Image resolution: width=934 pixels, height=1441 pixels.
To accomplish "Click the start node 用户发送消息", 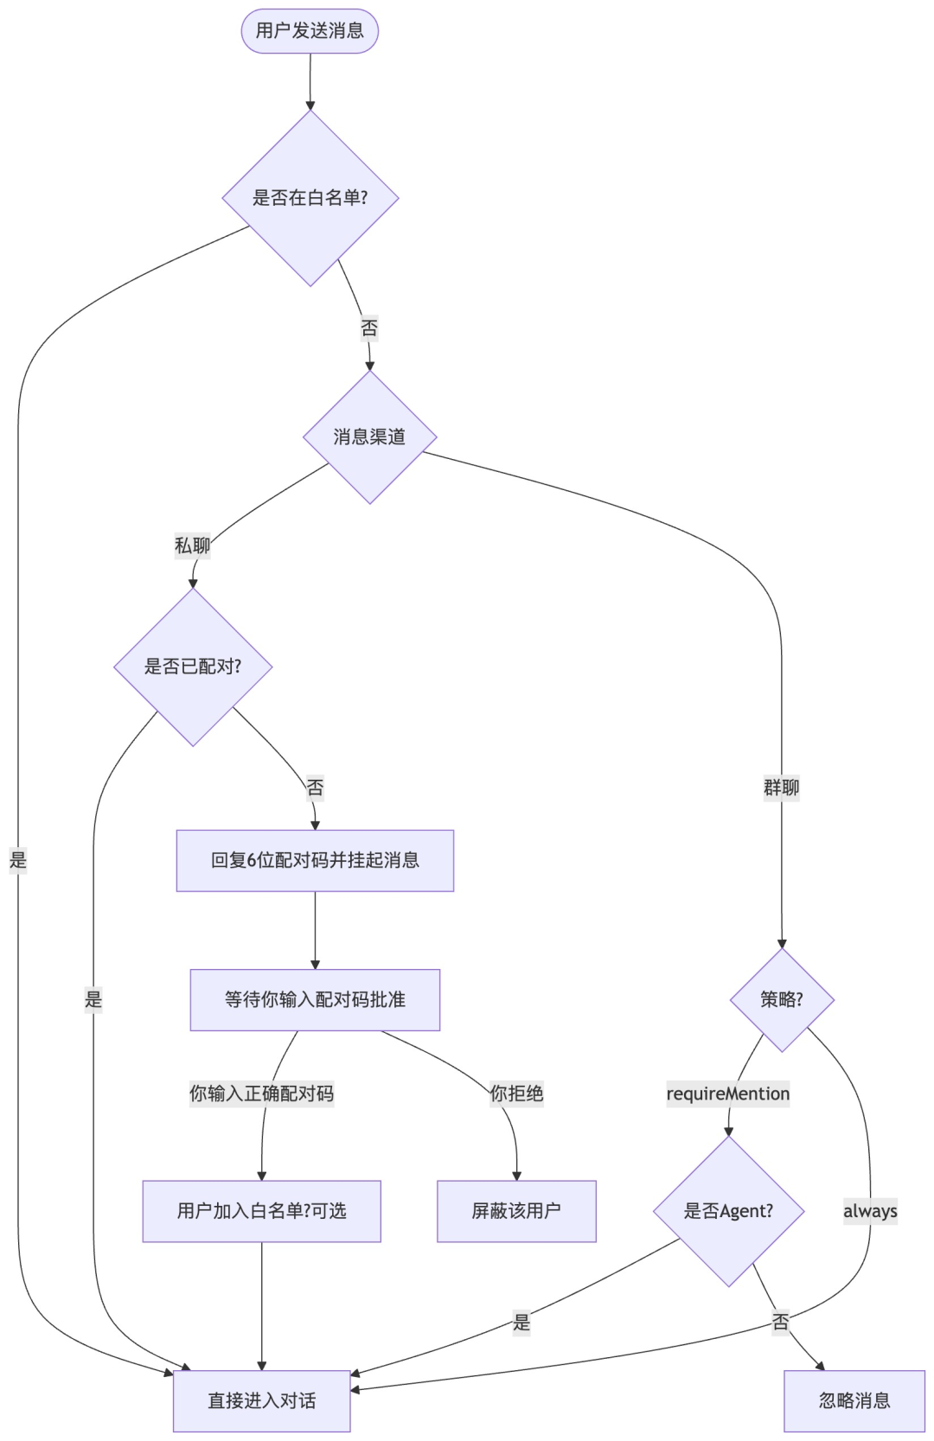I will tap(310, 31).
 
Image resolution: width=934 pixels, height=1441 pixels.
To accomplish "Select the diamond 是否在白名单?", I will tap(310, 198).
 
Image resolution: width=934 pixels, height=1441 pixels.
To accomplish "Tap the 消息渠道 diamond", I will tap(369, 437).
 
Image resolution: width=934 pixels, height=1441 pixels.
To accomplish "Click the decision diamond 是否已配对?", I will tap(193, 666).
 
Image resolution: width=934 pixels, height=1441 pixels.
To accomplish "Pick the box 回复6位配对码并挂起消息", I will tap(315, 860).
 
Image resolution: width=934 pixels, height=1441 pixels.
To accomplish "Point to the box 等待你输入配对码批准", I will tap(315, 999).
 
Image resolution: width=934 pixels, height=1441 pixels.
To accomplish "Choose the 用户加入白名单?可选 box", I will tap(261, 1211).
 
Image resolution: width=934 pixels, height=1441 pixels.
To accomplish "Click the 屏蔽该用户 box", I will tap(516, 1211).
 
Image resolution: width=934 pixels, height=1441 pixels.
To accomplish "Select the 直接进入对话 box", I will tap(261, 1400).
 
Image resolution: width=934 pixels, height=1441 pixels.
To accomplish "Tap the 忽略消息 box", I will tap(854, 1400).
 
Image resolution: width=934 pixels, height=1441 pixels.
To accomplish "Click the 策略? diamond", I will tap(782, 999).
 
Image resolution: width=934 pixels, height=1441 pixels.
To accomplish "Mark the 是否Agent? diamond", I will tap(728, 1211).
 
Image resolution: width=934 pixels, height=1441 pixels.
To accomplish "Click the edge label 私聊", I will tap(192, 545).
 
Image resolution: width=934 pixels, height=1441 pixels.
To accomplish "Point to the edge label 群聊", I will tap(782, 787).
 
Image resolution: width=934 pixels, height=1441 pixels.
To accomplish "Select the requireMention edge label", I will tap(728, 1094).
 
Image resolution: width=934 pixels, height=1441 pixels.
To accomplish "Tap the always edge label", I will tap(870, 1211).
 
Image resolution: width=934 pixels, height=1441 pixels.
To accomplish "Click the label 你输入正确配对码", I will tap(261, 1094).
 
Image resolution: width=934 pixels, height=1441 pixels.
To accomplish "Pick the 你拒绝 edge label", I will tap(516, 1094).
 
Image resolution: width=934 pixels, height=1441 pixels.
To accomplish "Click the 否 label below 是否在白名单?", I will tap(369, 328).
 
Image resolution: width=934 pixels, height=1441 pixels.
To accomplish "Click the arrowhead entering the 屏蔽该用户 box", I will tap(516, 1175).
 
